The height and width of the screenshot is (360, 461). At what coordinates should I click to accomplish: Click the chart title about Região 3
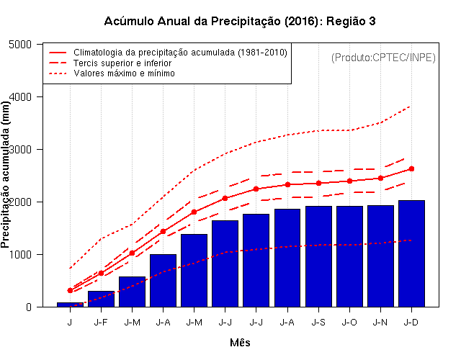240,21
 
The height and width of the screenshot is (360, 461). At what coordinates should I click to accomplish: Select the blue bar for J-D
411,253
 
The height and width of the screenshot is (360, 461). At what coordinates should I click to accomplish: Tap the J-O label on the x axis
349,323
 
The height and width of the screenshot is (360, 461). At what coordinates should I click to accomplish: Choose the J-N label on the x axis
380,323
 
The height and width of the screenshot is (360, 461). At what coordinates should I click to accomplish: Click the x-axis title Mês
240,343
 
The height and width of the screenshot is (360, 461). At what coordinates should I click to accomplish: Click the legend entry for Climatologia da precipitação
180,53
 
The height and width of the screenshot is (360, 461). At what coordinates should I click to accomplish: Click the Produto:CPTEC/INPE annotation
383,57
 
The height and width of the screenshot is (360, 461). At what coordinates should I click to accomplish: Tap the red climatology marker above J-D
411,168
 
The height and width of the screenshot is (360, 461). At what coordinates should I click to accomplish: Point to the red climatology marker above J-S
318,183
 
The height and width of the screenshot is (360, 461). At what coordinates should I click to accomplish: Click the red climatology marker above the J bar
70,290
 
